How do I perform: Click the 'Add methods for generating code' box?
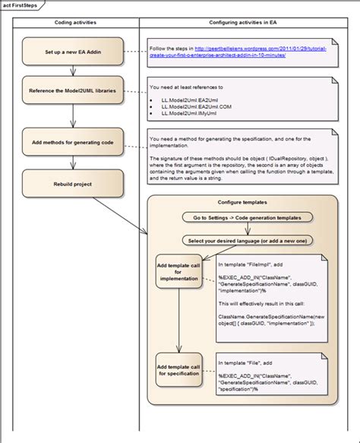click(73, 142)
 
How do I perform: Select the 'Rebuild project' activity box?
click(73, 182)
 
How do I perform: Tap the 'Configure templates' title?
click(242, 203)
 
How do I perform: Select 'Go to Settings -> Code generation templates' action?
click(242, 218)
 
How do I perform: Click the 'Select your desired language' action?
click(242, 241)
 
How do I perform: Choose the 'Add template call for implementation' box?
click(178, 273)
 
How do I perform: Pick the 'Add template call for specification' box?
click(178, 368)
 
